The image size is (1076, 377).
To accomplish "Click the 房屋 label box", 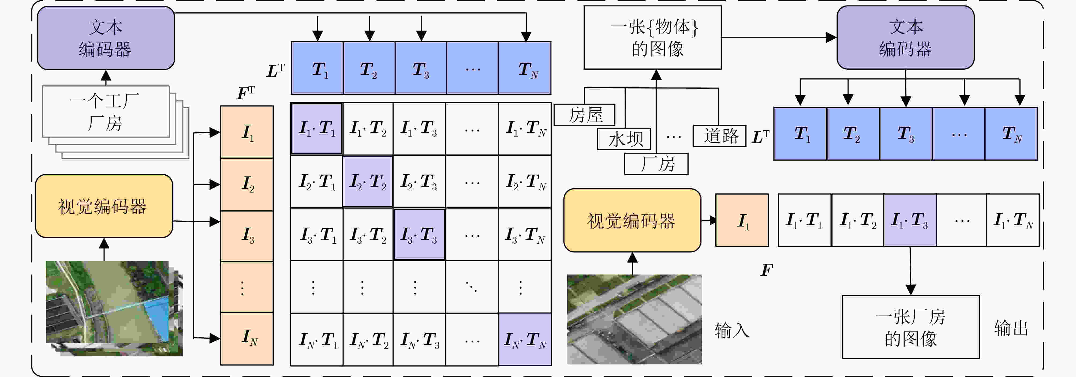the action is [x=584, y=115].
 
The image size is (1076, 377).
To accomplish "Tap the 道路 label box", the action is [x=719, y=136].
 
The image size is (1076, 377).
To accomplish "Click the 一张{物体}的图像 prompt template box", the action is [x=652, y=37].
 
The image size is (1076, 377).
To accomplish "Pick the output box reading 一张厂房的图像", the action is [x=911, y=327].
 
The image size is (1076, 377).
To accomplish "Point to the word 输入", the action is [x=732, y=330].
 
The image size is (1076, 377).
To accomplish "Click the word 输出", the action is [x=1011, y=328].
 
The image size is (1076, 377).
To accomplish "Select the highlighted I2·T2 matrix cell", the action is [x=368, y=182].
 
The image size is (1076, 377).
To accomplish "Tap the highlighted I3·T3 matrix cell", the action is [x=419, y=234].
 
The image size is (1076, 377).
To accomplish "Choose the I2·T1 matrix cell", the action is [x=317, y=182].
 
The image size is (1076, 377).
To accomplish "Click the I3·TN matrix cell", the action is [x=525, y=234].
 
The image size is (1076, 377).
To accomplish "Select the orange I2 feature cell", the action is [x=247, y=184].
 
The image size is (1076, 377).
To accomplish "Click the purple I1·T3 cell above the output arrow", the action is [x=910, y=220].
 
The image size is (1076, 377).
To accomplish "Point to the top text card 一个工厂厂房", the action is [x=106, y=111].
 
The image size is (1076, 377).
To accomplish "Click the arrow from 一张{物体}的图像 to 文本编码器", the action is [x=779, y=37].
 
